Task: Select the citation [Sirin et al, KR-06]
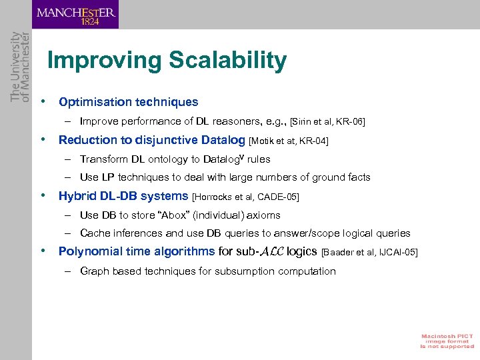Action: coord(327,121)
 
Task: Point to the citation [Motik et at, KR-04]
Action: coord(289,140)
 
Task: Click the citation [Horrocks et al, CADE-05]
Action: coord(245,197)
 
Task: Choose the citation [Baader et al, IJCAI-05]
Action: coord(369,252)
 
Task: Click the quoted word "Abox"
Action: coord(157,215)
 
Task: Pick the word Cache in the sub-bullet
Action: coord(95,233)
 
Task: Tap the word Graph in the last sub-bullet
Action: coord(95,271)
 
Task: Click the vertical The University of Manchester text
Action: coord(21,67)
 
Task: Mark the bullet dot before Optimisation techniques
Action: coord(43,102)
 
